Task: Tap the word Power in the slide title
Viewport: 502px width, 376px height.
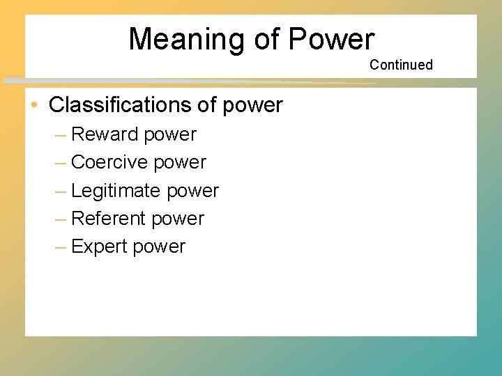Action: coord(331,40)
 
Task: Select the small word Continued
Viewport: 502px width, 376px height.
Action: coord(401,65)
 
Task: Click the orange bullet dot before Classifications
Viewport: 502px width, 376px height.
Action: coord(34,105)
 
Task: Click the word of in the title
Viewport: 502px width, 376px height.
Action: coord(266,40)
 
